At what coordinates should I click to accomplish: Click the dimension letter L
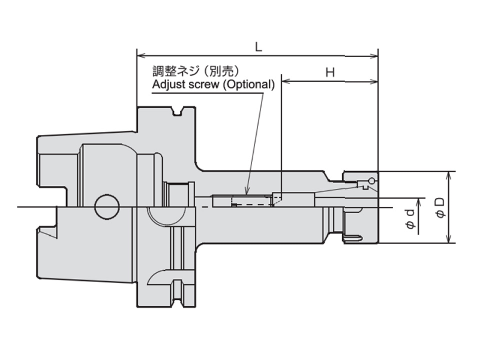259,47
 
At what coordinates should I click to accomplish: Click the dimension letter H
330,73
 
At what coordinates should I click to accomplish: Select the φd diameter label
410,218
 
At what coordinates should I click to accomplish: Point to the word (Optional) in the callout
248,85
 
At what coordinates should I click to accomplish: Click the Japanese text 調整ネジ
175,71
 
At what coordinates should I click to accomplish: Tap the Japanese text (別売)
221,71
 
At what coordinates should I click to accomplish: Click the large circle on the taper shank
107,206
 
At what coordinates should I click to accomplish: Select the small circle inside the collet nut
371,181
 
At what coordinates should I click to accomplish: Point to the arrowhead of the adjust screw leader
247,191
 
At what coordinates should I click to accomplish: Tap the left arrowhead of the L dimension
141,56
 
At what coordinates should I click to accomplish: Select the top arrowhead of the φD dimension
449,176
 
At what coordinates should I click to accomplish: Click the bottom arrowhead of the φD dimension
449,239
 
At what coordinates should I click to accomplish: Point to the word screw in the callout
203,85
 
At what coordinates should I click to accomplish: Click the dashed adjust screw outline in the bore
253,201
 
